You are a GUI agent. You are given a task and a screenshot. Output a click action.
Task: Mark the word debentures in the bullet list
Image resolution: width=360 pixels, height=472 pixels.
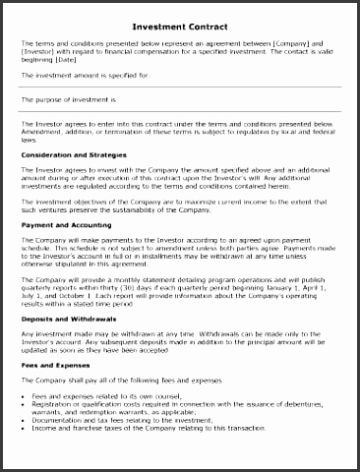tap(313, 401)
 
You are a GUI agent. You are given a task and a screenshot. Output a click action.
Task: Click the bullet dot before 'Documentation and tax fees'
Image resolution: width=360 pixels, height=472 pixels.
tap(24, 419)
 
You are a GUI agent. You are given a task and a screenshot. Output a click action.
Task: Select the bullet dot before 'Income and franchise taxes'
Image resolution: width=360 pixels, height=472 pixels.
tap(24, 428)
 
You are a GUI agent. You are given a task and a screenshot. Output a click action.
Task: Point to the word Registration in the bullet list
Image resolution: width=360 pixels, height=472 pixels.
tap(53, 402)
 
